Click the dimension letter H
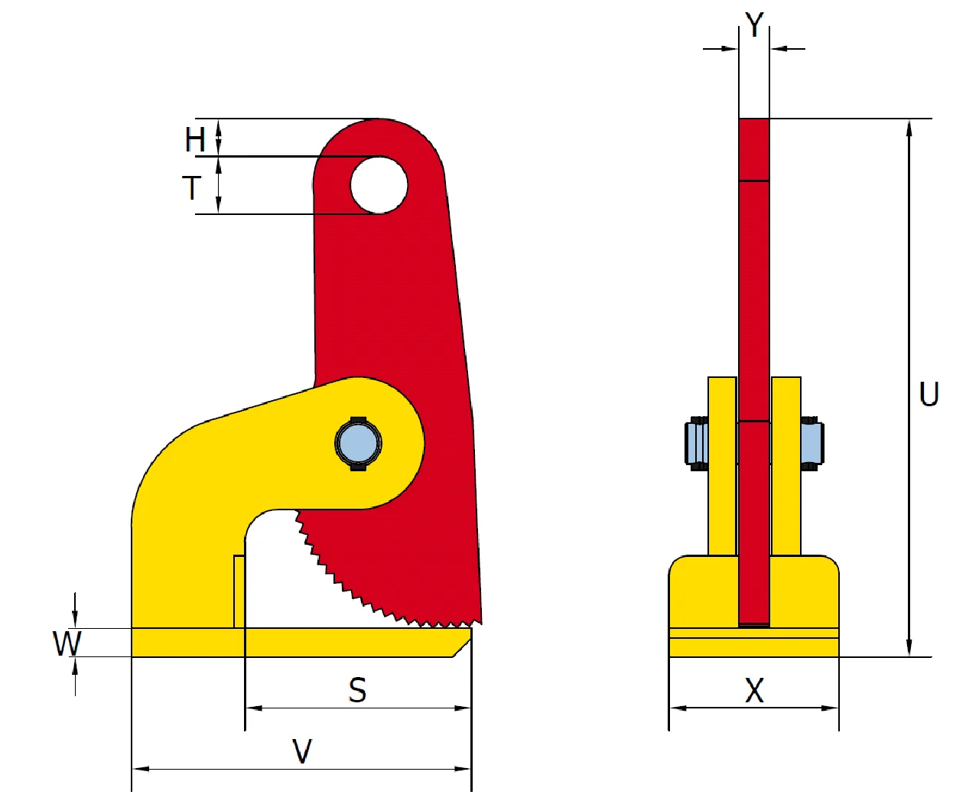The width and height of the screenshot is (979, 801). (195, 139)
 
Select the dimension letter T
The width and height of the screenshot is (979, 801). (191, 187)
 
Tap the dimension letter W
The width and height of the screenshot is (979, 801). (67, 643)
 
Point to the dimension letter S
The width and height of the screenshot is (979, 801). (357, 690)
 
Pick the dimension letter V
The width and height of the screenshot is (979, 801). (302, 751)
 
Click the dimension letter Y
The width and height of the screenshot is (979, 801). (754, 24)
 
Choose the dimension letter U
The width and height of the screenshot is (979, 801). (929, 394)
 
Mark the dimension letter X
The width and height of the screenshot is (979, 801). (754, 691)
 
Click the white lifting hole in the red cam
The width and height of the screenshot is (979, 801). (379, 185)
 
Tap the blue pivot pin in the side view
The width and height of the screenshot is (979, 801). (358, 444)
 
